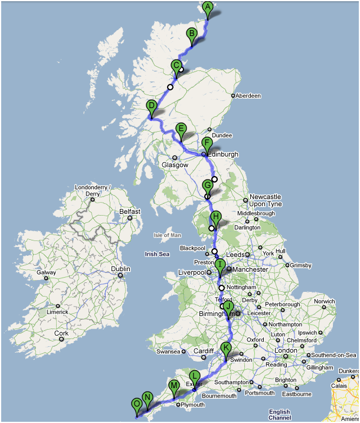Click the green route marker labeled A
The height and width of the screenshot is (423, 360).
pyautogui.click(x=207, y=8)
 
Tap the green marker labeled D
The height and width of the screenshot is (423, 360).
pyautogui.click(x=152, y=108)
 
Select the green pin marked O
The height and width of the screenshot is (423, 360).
pyautogui.click(x=137, y=405)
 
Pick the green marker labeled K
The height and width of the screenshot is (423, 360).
pyautogui.click(x=225, y=348)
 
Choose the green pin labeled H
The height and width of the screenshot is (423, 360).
pyautogui.click(x=216, y=217)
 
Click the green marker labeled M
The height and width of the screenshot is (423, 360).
pyautogui.click(x=174, y=387)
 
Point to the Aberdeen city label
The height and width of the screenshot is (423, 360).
pyautogui.click(x=248, y=95)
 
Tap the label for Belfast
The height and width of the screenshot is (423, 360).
pyautogui.click(x=130, y=211)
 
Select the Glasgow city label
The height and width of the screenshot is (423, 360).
pyautogui.click(x=175, y=165)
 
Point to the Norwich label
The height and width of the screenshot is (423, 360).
pyautogui.click(x=324, y=301)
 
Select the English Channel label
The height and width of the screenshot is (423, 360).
pyautogui.click(x=279, y=415)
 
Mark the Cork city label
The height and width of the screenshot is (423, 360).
pyautogui.click(x=61, y=333)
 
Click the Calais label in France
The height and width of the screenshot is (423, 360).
pyautogui.click(x=338, y=386)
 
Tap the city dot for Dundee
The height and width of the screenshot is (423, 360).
pyautogui.click(x=210, y=130)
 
